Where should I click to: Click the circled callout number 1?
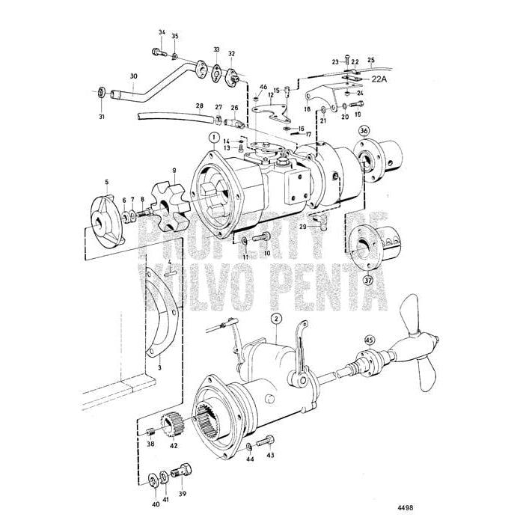click(x=214, y=137)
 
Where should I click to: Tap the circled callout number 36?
click(x=364, y=130)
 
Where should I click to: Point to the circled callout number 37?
click(x=367, y=281)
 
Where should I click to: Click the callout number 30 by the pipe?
click(x=134, y=76)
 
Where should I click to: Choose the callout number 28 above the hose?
click(x=200, y=106)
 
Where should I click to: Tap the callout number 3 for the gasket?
click(x=159, y=369)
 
